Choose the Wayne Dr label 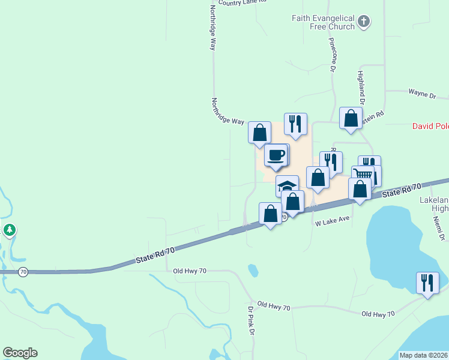pyautogui.click(x=421, y=94)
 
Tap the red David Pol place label pyautogui.click(x=430, y=126)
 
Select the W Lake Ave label pyautogui.click(x=332, y=222)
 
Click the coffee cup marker pyautogui.click(x=276, y=155)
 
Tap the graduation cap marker pyautogui.click(x=287, y=185)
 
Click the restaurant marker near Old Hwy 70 pyautogui.click(x=427, y=282)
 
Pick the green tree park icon pyautogui.click(x=10, y=230)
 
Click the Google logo pyautogui.click(x=20, y=353)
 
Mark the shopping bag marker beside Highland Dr pyautogui.click(x=351, y=118)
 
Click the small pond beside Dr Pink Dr pyautogui.click(x=253, y=271)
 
